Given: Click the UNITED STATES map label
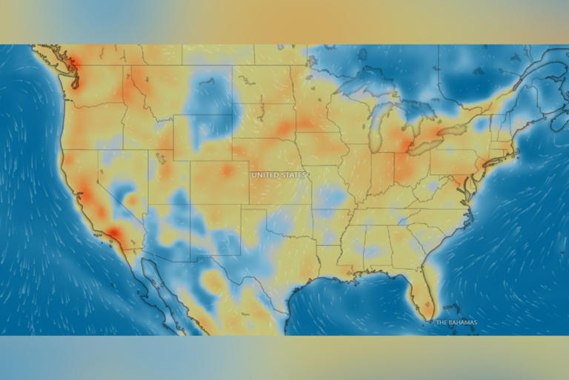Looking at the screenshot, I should (278, 175).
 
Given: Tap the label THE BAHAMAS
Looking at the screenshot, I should (456, 322).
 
